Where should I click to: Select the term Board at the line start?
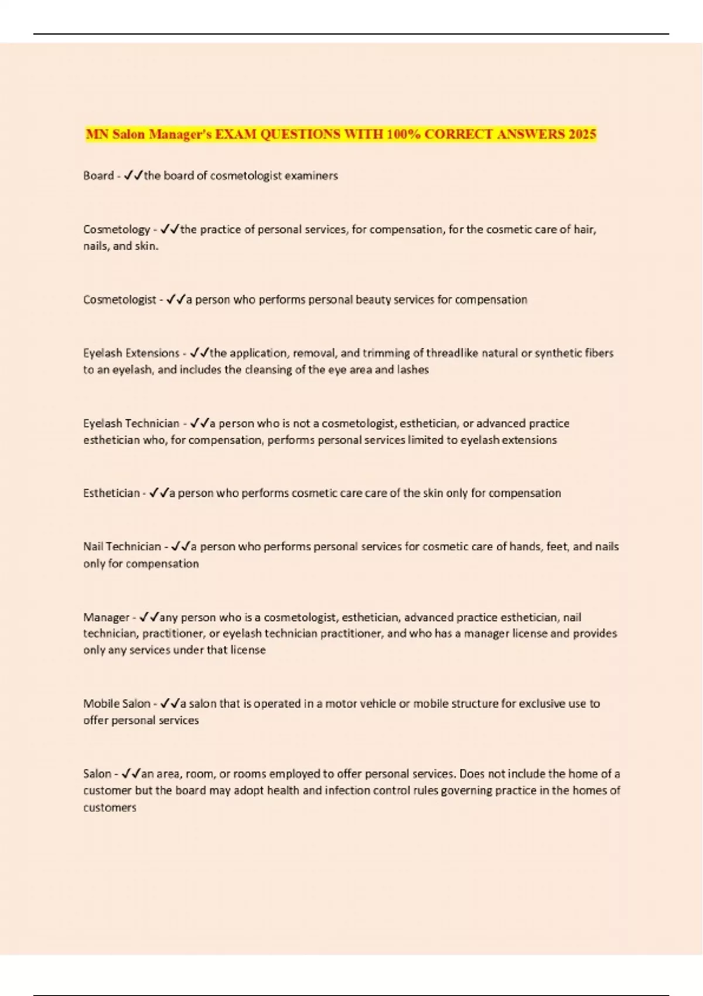(98, 176)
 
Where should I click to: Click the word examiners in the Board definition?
(311, 176)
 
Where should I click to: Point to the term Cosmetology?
(117, 230)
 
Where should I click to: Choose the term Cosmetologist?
(120, 300)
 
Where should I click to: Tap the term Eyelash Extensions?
(131, 353)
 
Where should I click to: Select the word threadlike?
(452, 353)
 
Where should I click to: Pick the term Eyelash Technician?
(131, 424)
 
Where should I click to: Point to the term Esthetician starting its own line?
(111, 493)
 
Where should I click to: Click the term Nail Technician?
(122, 547)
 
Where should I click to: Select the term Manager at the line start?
(106, 618)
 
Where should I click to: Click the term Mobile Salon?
(117, 704)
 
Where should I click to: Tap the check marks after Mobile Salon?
(169, 704)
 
